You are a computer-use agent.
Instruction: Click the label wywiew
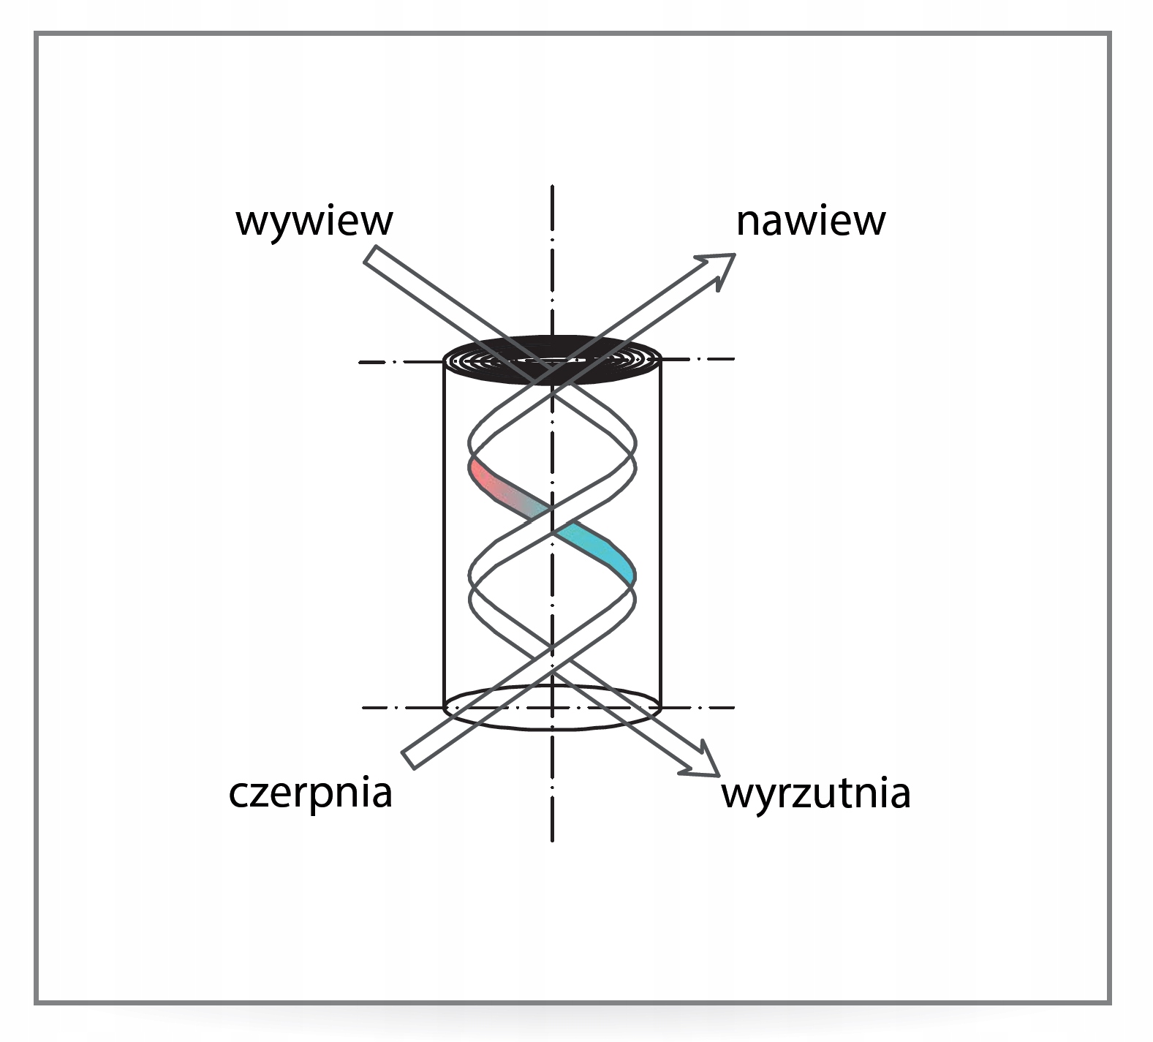coord(314,221)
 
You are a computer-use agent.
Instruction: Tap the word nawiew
coord(810,221)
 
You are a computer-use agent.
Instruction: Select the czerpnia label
coord(310,793)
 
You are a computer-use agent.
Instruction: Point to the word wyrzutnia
coord(815,793)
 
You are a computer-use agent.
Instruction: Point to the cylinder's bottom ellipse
coord(552,724)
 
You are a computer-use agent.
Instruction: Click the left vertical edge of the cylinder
coord(445,534)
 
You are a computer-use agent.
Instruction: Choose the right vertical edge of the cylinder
coord(660,534)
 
